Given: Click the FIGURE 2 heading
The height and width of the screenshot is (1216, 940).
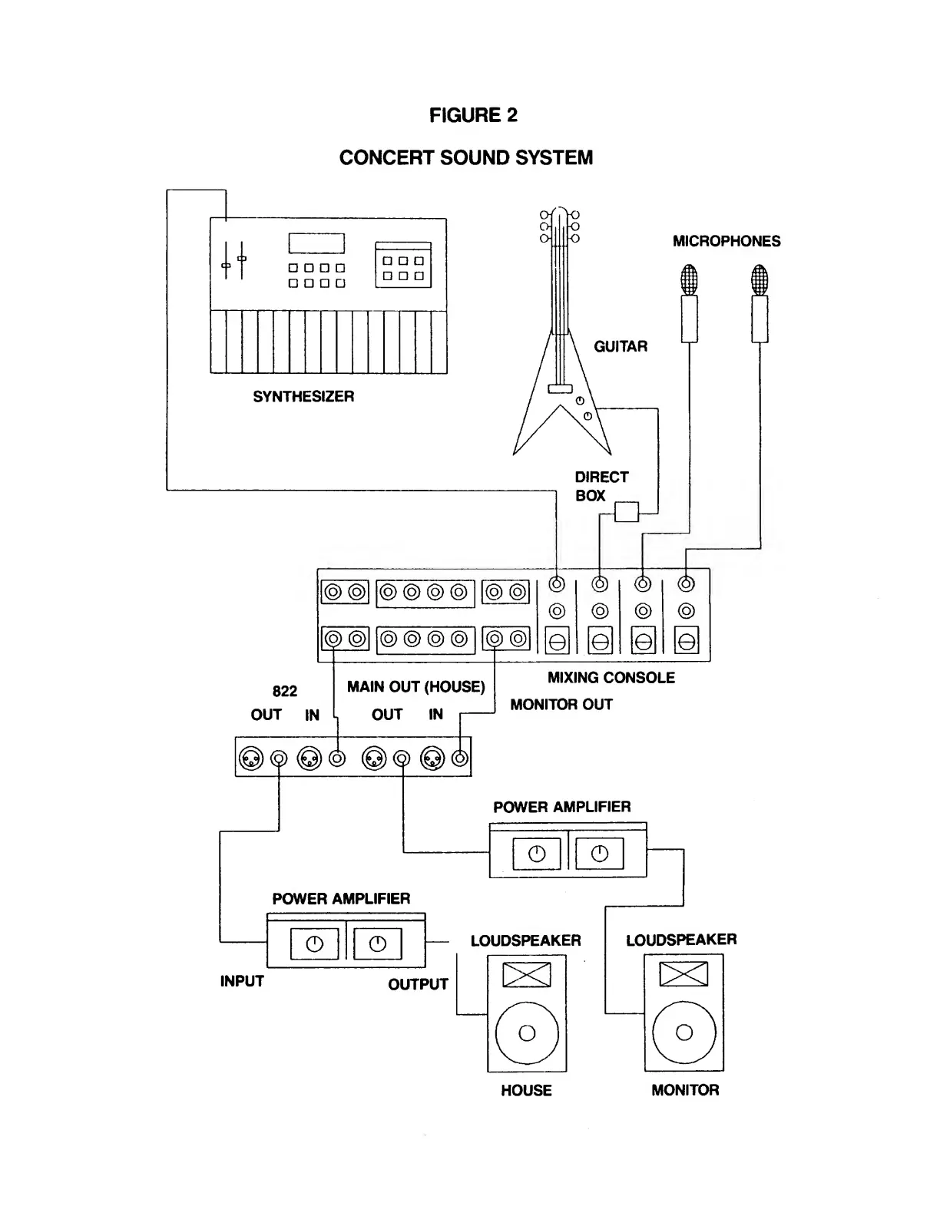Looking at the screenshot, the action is pyautogui.click(x=473, y=115).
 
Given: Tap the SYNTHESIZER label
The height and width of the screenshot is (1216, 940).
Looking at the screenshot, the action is pyautogui.click(x=303, y=397).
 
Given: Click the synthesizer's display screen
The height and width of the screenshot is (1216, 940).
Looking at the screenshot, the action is pyautogui.click(x=316, y=243).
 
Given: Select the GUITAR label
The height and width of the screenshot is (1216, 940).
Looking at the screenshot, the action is pyautogui.click(x=621, y=346).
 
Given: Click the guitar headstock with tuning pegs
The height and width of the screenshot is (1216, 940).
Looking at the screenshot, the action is pyautogui.click(x=559, y=226).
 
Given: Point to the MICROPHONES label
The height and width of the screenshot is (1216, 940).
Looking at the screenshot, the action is pyautogui.click(x=727, y=241).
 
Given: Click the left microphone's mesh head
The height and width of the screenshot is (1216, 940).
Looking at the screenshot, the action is pyautogui.click(x=689, y=279).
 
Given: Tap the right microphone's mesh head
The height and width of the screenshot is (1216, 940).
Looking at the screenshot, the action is pyautogui.click(x=760, y=279).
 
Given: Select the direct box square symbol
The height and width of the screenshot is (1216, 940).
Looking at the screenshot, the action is pyautogui.click(x=627, y=512).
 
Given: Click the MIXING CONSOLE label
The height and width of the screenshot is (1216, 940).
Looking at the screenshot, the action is pyautogui.click(x=611, y=678).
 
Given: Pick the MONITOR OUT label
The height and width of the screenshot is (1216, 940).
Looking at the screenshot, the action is pyautogui.click(x=561, y=705).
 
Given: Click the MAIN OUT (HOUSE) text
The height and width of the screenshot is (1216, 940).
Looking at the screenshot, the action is pyautogui.click(x=416, y=686).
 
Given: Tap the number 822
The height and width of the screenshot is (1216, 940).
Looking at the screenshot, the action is pyautogui.click(x=284, y=691).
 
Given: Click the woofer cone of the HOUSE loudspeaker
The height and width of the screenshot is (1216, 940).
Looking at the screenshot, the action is pyautogui.click(x=527, y=1033).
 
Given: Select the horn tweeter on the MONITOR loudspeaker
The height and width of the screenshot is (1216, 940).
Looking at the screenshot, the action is pyautogui.click(x=683, y=974).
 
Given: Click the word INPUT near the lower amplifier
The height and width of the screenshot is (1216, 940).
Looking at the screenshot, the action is pyautogui.click(x=242, y=981).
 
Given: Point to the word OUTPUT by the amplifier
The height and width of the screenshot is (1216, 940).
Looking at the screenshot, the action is pyautogui.click(x=419, y=984).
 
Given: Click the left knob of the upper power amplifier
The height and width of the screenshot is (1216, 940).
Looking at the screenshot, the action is pyautogui.click(x=537, y=854).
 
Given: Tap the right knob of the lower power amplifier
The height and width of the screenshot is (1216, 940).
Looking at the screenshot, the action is pyautogui.click(x=378, y=944).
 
